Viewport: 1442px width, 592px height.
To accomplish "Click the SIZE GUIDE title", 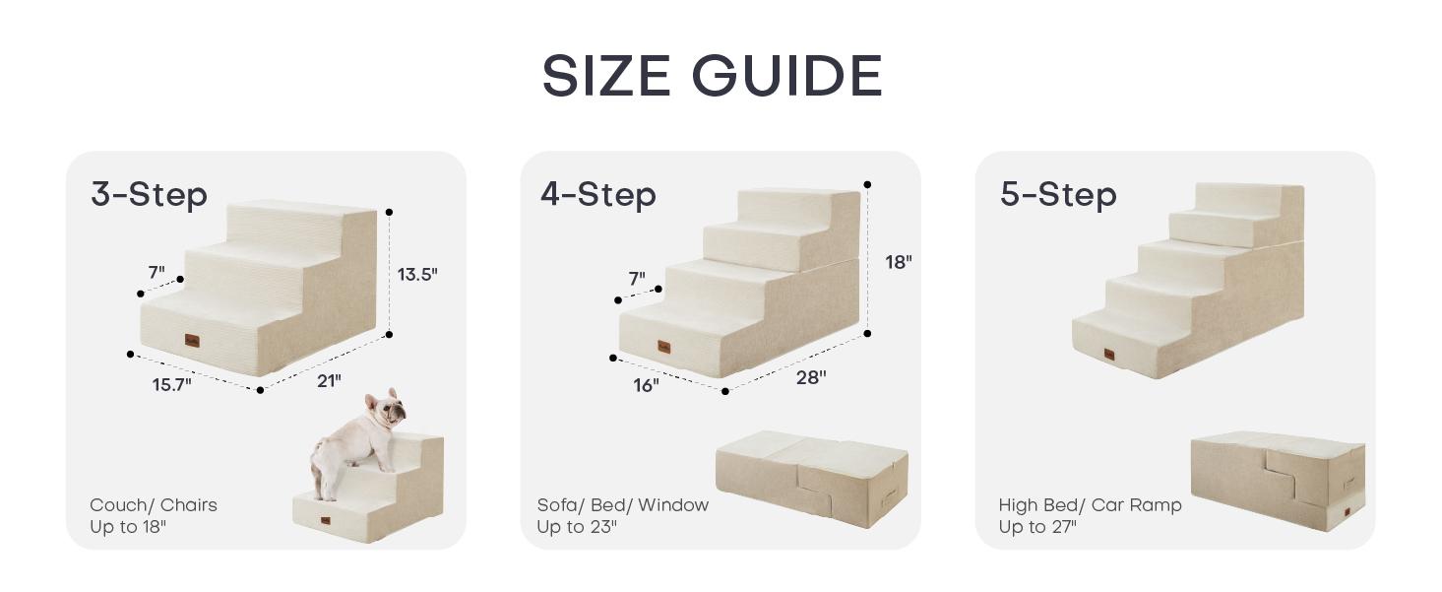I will pos(713,76).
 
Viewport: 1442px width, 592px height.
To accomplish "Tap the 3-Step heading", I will pos(149,194).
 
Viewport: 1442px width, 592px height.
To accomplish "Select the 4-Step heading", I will pos(597,194).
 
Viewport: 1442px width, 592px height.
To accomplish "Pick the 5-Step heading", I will pos(1058,194).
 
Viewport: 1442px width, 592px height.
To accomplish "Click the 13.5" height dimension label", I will pos(417,275).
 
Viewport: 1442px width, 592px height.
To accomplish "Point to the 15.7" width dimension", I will pos(171,385).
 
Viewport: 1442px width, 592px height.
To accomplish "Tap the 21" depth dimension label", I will pos(329,381).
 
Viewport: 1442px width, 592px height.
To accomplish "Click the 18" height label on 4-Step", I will pos(898,262).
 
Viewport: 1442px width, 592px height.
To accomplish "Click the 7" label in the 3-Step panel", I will pos(157,272).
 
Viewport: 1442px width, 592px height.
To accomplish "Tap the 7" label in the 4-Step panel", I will pos(637,279).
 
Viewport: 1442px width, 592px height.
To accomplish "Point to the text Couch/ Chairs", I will pos(154,505).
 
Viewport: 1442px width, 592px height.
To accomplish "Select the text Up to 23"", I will pos(577,527).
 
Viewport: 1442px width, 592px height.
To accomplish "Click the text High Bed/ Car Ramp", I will pos(1090,505).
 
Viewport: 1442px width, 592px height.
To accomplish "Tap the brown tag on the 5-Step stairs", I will pos(1109,355).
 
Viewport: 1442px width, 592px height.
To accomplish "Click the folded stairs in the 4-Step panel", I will pos(812,478).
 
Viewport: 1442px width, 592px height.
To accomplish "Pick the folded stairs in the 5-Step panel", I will pos(1278,481).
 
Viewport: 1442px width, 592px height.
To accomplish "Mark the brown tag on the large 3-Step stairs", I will pos(192,341).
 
